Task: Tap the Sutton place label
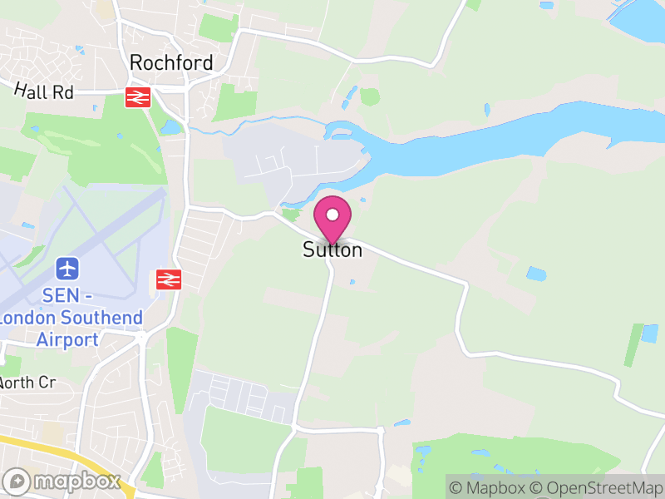tap(332, 249)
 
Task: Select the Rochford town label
tap(171, 63)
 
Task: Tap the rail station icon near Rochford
tap(137, 97)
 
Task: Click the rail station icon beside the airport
tap(169, 279)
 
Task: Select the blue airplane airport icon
tap(67, 269)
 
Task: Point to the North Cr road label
tap(27, 383)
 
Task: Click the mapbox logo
tap(63, 481)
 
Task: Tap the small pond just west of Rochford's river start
tap(171, 127)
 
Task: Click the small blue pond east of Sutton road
tap(536, 273)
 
